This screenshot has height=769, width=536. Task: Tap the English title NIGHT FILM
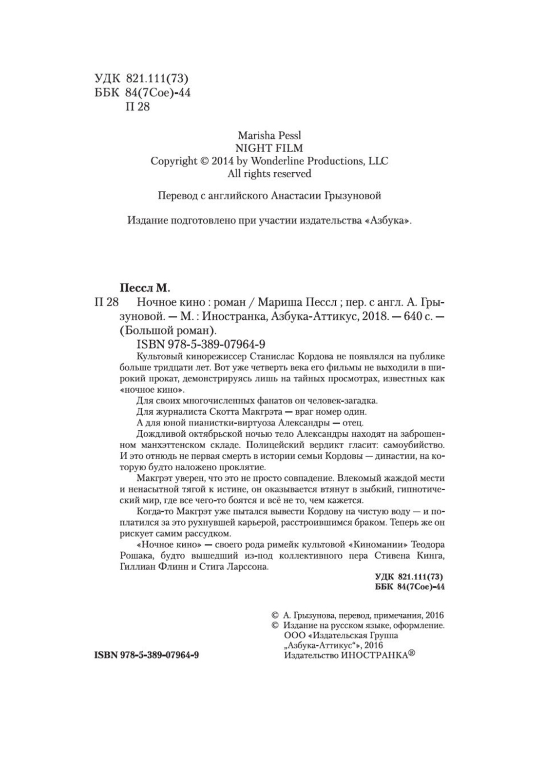(x=269, y=147)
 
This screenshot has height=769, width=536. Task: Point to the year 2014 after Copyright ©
(x=223, y=161)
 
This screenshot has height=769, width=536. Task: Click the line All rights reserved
(x=269, y=173)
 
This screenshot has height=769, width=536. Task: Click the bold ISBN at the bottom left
(x=146, y=655)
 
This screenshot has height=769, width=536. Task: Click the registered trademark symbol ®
(x=411, y=654)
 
